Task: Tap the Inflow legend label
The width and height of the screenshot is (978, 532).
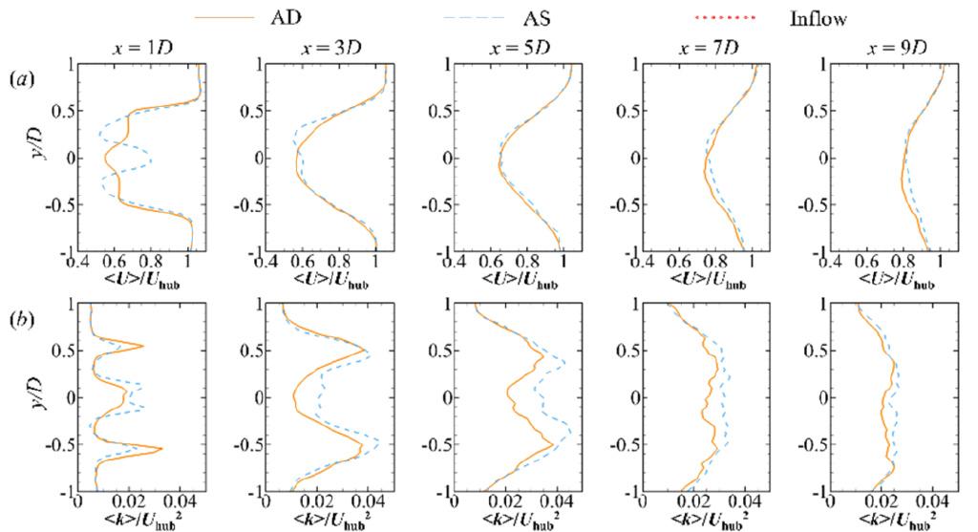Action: click(x=818, y=19)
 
